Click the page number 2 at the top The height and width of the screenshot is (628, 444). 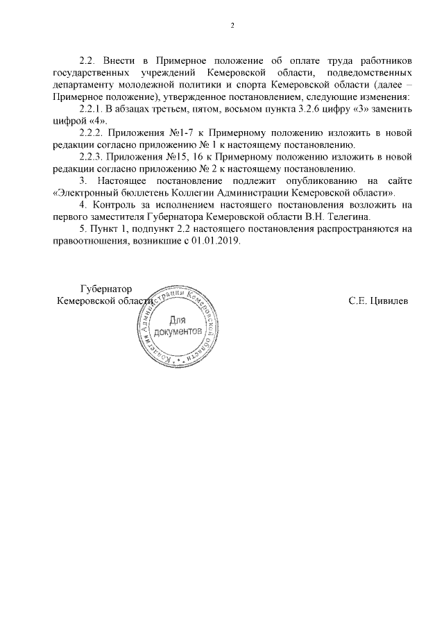[x=232, y=26]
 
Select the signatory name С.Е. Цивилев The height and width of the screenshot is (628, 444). [x=378, y=301]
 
